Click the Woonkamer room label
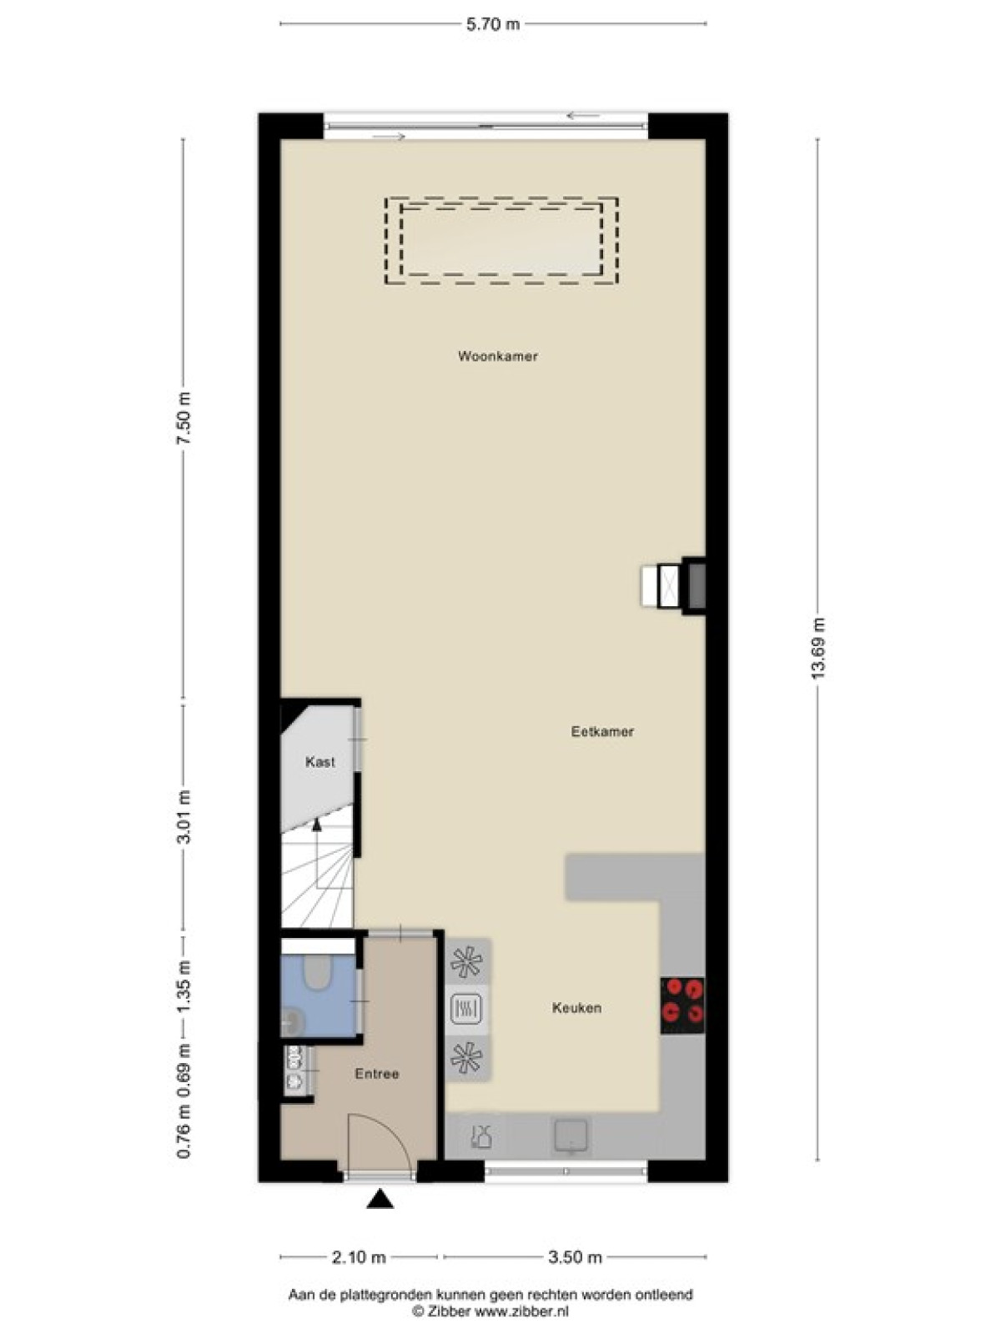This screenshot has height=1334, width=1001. point(498,356)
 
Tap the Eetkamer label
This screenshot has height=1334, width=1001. point(602,732)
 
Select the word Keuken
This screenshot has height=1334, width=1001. point(576,1008)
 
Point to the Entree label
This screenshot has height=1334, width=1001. point(377,1074)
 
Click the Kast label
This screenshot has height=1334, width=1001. point(320,761)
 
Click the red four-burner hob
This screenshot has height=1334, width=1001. point(682,1006)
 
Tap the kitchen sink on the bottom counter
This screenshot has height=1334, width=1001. point(570,1136)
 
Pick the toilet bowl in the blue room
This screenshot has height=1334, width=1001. point(317,972)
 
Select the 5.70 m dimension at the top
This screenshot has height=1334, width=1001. point(493,24)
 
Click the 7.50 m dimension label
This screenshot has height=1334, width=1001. point(183,419)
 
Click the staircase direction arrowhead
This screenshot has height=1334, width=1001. point(316,824)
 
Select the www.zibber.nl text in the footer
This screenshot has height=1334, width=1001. point(521,1306)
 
